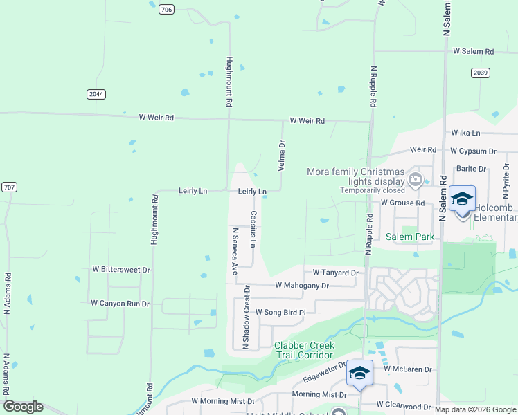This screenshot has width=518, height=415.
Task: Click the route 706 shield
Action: (166, 9)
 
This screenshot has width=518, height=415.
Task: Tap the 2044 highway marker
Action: (97, 94)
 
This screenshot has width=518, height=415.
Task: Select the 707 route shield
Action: (9, 187)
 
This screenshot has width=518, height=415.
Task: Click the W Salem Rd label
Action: (473, 52)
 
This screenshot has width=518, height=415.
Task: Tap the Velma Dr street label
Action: (282, 156)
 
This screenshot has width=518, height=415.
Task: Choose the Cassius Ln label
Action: (253, 229)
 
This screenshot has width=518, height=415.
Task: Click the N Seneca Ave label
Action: (235, 251)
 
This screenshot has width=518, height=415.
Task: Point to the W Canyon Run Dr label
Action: (120, 303)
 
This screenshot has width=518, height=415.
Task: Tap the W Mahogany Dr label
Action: (301, 285)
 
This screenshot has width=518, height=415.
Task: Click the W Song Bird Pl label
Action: (280, 313)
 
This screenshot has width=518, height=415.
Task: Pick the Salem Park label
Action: (409, 237)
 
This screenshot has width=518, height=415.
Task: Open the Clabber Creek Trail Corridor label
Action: (305, 350)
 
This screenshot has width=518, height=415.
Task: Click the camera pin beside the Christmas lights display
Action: (416, 181)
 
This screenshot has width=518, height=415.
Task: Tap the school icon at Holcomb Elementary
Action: (462, 199)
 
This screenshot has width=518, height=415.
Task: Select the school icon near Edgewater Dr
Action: (359, 373)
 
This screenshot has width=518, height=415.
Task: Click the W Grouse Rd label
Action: (402, 203)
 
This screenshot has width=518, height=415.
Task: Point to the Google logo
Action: (23, 407)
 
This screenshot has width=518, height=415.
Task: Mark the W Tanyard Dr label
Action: (335, 273)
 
